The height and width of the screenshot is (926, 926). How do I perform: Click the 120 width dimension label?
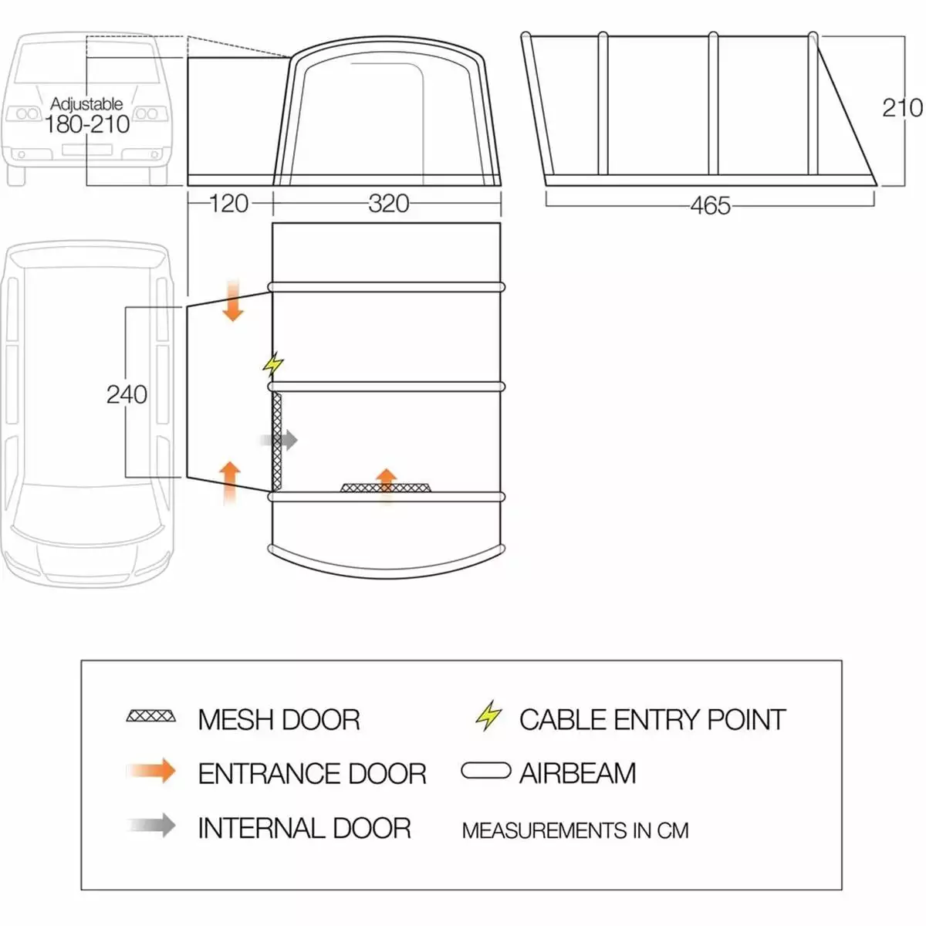point(229,204)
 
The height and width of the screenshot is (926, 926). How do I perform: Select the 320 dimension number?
point(389,204)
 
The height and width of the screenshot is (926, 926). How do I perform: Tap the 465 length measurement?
point(710,206)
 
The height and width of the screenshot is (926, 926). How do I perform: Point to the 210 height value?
point(902,108)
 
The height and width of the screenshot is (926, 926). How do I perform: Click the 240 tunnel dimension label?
point(127,395)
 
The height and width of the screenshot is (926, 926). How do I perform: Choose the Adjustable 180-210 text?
point(87,116)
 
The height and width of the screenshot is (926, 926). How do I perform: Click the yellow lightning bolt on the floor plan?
point(273,364)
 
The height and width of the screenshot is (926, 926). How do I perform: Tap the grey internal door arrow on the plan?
point(279,440)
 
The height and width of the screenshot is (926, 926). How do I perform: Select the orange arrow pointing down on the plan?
point(233,300)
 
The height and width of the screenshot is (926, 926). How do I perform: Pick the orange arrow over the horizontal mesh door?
point(387,485)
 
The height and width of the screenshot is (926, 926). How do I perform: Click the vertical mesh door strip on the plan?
point(277,440)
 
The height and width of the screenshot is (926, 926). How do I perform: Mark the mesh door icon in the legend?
point(151,716)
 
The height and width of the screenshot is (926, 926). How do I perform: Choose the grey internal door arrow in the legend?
point(152,825)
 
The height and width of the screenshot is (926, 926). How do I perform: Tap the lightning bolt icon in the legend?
point(488,715)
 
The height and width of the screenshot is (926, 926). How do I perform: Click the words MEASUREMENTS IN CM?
point(575,831)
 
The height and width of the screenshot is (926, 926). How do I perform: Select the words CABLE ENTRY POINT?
point(653,719)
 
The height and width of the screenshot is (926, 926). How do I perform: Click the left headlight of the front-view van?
point(27,114)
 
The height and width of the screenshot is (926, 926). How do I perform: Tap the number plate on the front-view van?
point(86,150)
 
